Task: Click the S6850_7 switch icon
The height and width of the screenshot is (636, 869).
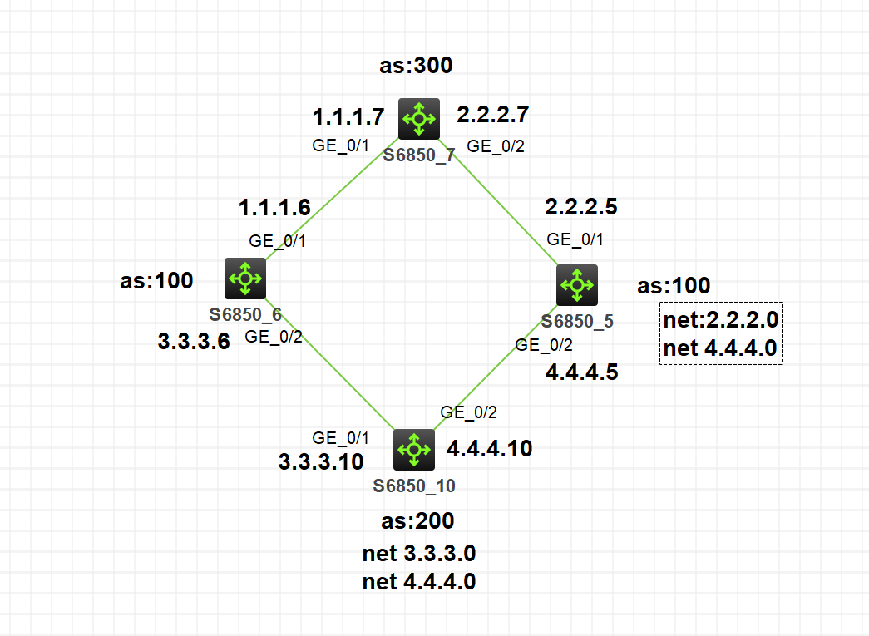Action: coord(417,118)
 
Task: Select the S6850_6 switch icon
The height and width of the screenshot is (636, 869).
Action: coord(245,279)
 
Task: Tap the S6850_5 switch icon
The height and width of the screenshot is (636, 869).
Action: coord(576,284)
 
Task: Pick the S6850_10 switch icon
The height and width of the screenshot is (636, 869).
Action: coord(413,450)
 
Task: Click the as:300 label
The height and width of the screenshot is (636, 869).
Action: coord(416,66)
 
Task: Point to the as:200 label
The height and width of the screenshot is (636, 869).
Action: coord(417,521)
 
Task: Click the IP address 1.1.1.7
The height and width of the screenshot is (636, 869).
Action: coord(348,116)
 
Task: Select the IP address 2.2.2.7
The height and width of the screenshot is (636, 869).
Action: coord(493,113)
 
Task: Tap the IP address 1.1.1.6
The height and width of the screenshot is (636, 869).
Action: coord(274,207)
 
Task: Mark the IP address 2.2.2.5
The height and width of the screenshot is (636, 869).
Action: coord(581,206)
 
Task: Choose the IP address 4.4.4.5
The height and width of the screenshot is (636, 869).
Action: coord(582,372)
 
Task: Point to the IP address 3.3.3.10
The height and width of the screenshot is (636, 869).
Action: coord(320,461)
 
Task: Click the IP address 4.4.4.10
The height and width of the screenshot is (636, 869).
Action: coord(490,449)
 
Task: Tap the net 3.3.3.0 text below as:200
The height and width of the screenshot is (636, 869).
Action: coord(419,553)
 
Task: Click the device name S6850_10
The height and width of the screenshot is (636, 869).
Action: coord(414,486)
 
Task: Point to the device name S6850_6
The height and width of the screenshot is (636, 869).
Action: coord(245,314)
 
